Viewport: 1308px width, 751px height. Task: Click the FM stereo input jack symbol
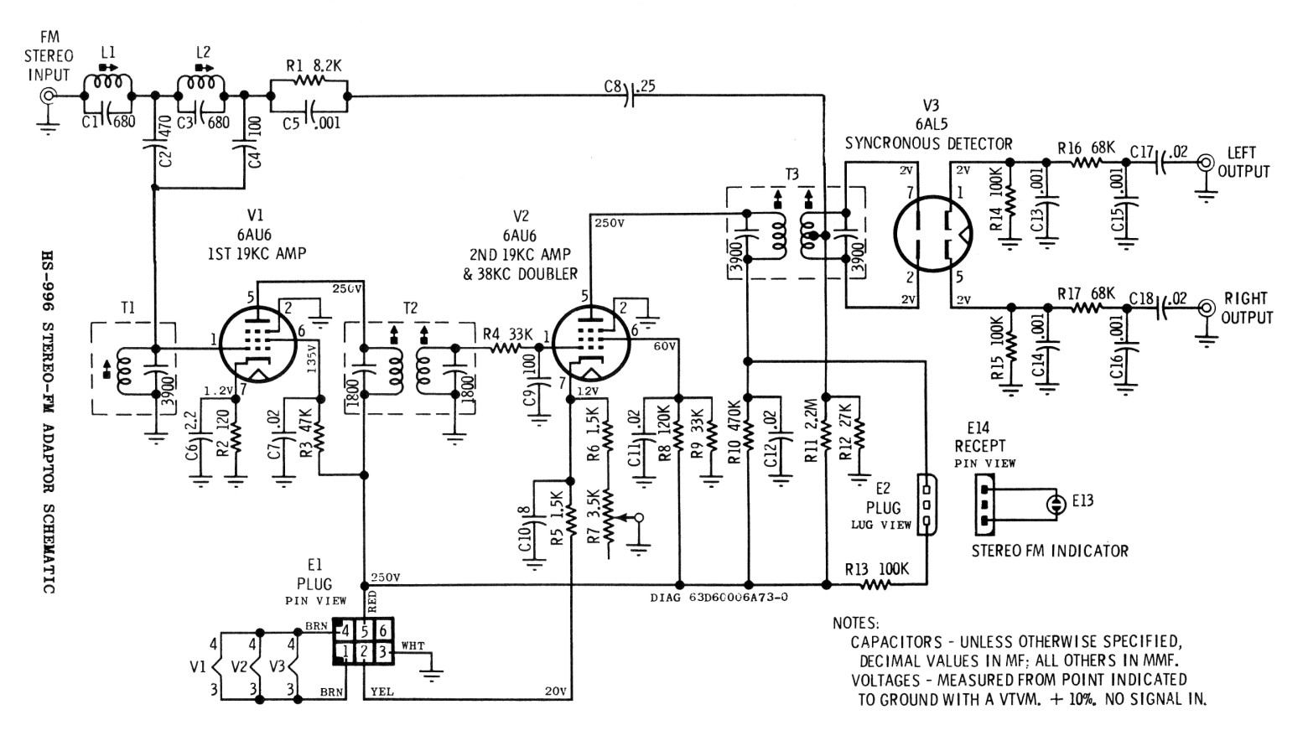(x=49, y=96)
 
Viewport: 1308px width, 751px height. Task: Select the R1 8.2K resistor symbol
(x=308, y=80)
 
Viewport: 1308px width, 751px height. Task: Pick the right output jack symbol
(x=1207, y=307)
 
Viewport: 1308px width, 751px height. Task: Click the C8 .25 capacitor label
(x=624, y=85)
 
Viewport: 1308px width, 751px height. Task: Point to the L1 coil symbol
(x=109, y=83)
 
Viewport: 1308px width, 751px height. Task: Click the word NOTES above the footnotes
(x=855, y=624)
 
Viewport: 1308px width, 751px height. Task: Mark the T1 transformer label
(x=127, y=308)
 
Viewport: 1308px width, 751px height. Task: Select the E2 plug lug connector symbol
(x=926, y=505)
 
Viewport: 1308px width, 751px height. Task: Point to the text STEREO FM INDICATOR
(x=1050, y=552)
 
